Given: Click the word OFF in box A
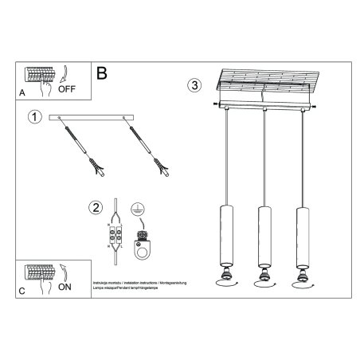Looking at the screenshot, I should (68, 90).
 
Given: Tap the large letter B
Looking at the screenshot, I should (101, 73).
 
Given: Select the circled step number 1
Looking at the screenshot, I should (33, 119).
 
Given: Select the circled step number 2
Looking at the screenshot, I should (96, 209).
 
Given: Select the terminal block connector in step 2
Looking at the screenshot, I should (116, 236).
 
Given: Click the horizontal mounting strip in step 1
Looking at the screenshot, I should (91, 119).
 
